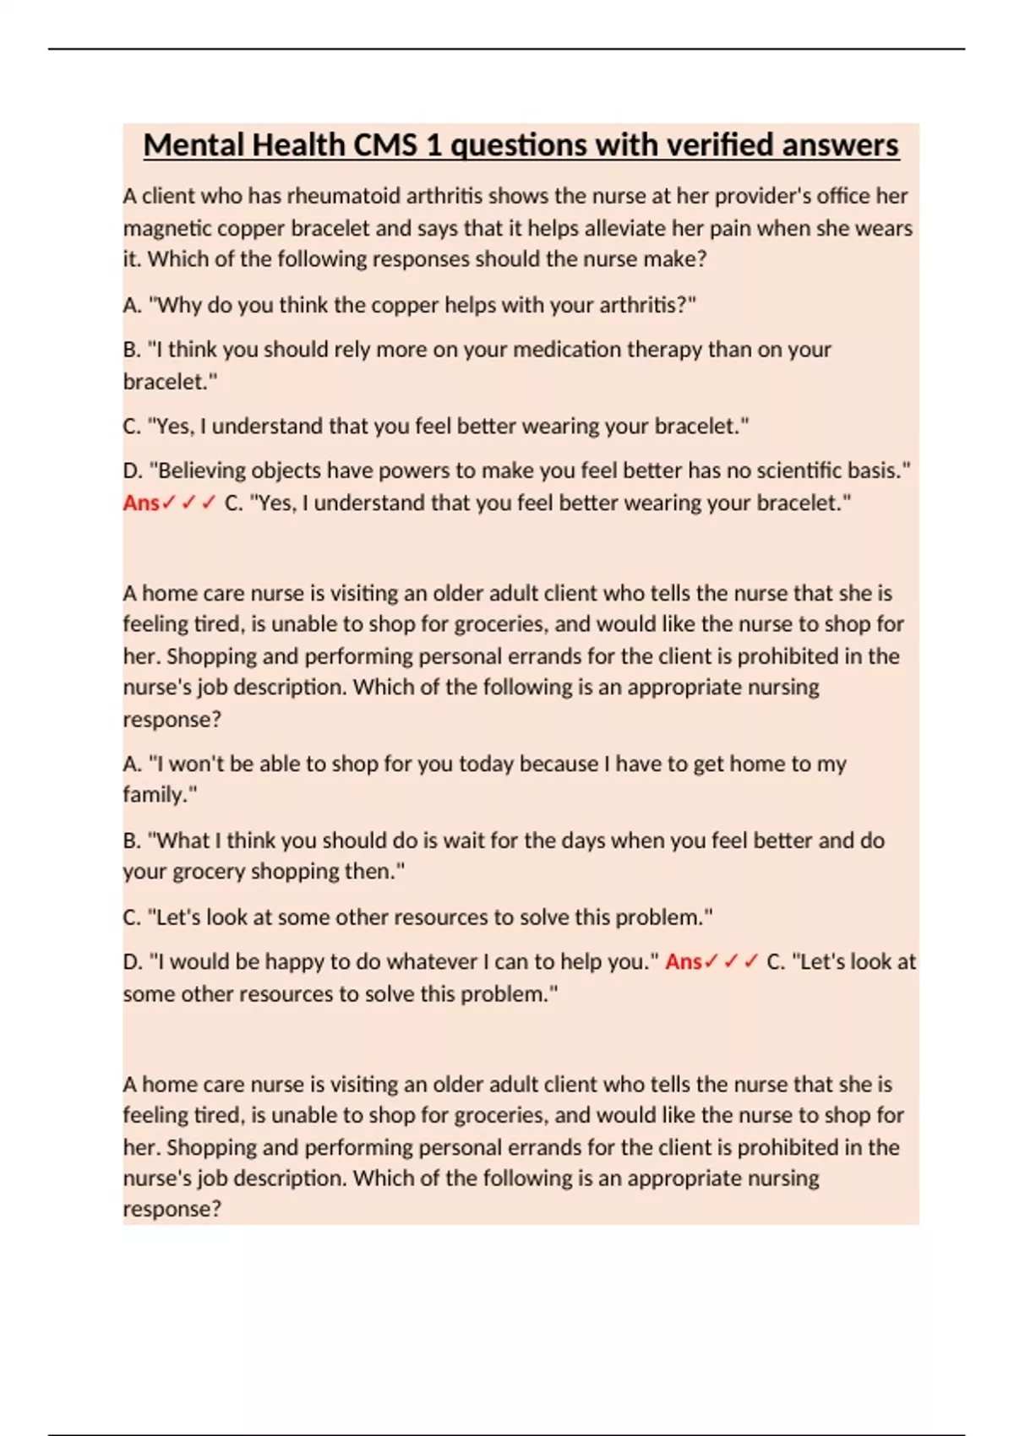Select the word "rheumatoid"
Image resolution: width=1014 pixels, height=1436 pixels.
[341, 196]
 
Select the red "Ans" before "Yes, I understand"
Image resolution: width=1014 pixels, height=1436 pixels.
[141, 503]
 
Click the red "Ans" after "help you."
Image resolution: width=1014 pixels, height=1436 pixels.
[683, 962]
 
